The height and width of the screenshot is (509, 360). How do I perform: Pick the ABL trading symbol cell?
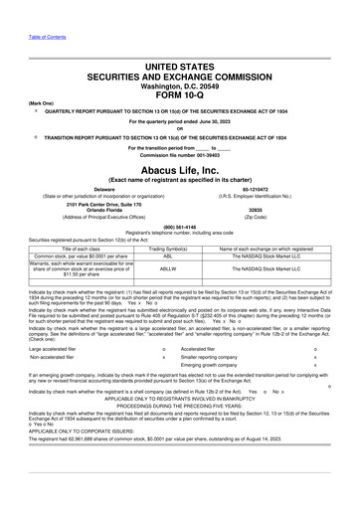point(167,255)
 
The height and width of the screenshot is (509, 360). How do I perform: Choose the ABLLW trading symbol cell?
point(167,268)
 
